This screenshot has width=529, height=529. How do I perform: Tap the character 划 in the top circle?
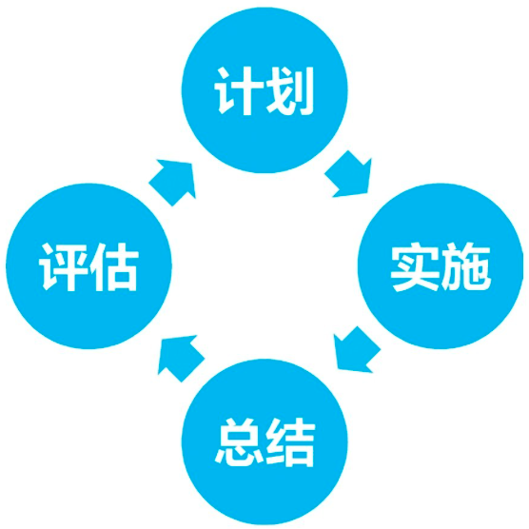pyautogui.click(x=290, y=91)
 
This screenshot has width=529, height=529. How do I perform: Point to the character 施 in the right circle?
pyautogui.click(x=465, y=266)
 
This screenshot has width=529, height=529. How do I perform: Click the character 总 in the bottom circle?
pyautogui.click(x=239, y=442)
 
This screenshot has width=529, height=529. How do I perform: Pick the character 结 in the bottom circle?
pyautogui.click(x=290, y=442)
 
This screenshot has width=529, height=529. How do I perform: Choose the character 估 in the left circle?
pyautogui.click(x=114, y=266)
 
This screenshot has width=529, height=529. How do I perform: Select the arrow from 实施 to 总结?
pyautogui.click(x=356, y=350)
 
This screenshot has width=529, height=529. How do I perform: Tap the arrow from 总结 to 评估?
pyautogui.click(x=181, y=359)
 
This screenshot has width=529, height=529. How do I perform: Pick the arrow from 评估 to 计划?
pyautogui.click(x=173, y=182)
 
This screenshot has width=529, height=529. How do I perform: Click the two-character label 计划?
pyautogui.click(x=264, y=91)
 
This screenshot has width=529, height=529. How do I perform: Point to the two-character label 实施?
pyautogui.click(x=441, y=266)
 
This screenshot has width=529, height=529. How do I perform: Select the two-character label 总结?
pyautogui.click(x=265, y=442)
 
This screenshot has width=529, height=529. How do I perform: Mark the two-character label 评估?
pyautogui.click(x=88, y=266)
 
